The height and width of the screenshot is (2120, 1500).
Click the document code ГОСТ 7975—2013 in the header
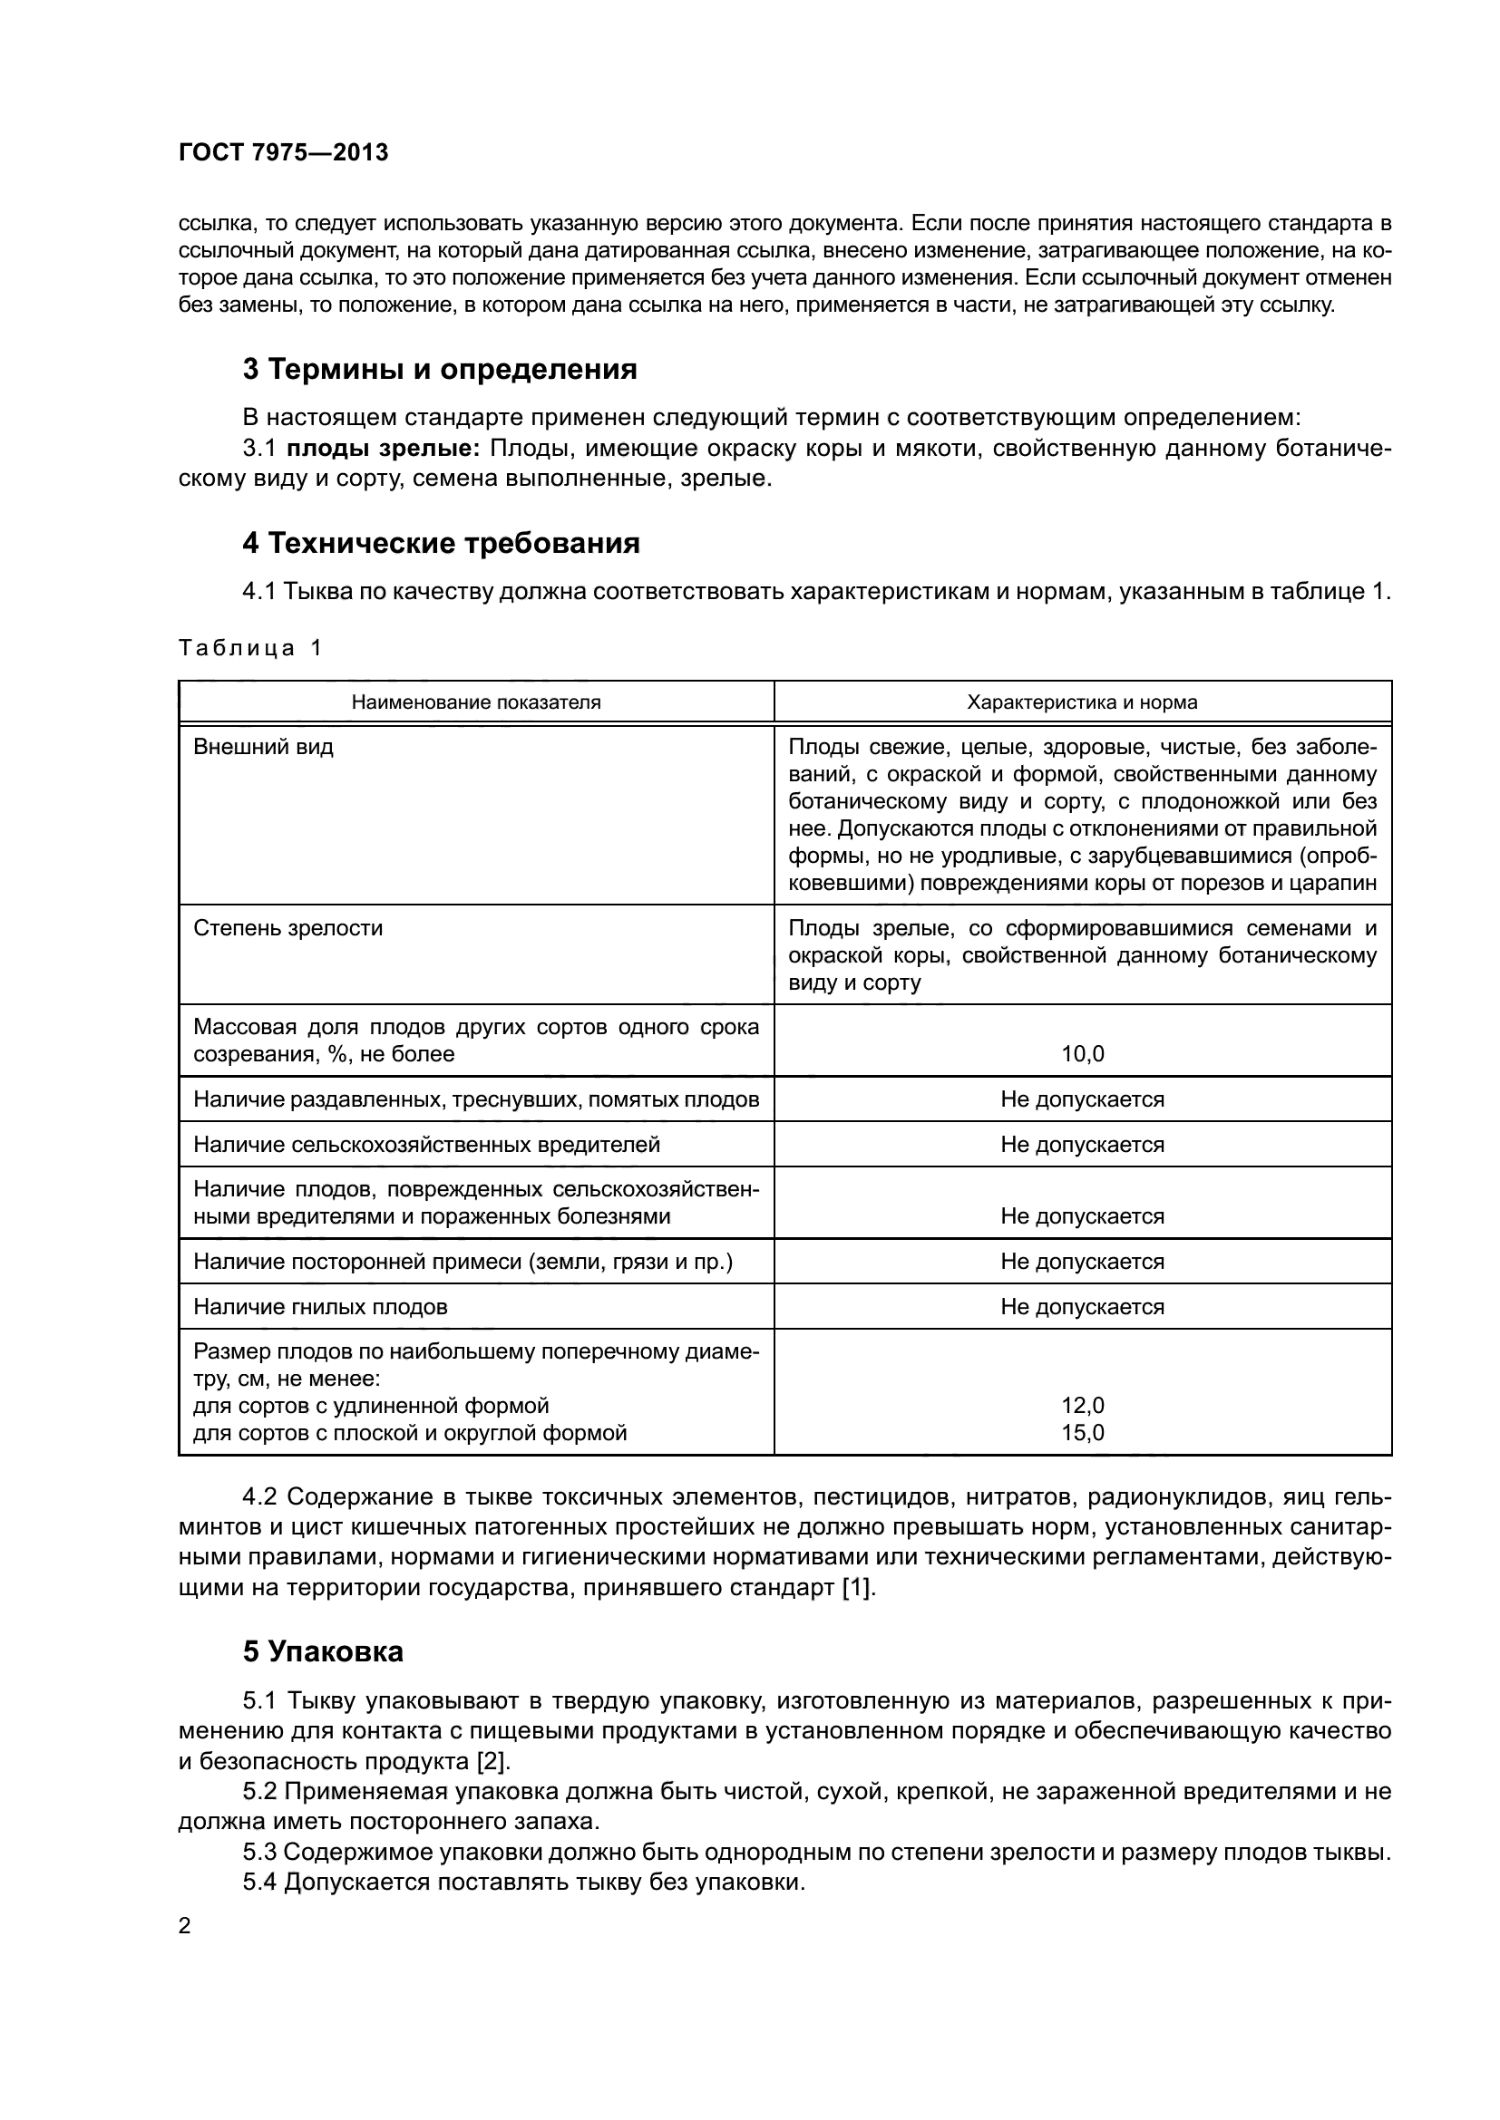pyautogui.click(x=283, y=153)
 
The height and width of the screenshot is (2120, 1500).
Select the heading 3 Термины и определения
pyautogui.click(x=440, y=369)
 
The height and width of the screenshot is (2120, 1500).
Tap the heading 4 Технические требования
pyautogui.click(x=441, y=543)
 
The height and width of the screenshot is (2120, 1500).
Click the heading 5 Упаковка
pyautogui.click(x=323, y=1651)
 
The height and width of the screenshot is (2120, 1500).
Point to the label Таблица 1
pyautogui.click(x=249, y=648)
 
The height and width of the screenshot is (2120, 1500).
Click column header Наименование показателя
pyautogui.click(x=476, y=702)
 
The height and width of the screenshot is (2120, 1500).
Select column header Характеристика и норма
pyautogui.click(x=1082, y=702)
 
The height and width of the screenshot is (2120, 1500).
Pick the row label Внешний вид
pyautogui.click(x=263, y=747)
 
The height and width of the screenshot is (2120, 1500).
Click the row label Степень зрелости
pyautogui.click(x=287, y=928)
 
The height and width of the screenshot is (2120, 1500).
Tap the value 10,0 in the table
pyautogui.click(x=1083, y=1053)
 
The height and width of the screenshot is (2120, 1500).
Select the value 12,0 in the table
pyautogui.click(x=1083, y=1406)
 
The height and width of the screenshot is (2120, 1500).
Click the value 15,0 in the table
pyautogui.click(x=1083, y=1433)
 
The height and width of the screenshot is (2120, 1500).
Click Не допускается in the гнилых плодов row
pyautogui.click(x=1083, y=1307)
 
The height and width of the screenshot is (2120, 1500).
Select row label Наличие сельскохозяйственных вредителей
pyautogui.click(x=427, y=1145)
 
